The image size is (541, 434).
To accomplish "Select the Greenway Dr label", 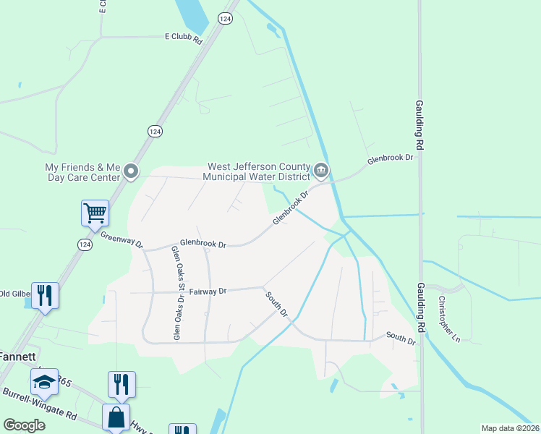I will pos(122,239).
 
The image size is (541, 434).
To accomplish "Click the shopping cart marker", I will pos(95,213).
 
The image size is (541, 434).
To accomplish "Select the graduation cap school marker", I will pos(44,382).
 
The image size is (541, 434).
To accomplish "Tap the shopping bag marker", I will pos(116,417).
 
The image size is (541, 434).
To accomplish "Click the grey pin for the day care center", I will pos(131,171).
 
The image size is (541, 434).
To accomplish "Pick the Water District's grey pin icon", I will pos(321,171).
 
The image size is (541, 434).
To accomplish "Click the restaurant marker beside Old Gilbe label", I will pos(45,295).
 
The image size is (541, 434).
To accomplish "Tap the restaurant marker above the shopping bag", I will pos(122,384).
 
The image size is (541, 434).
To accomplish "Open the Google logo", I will pos(25,426).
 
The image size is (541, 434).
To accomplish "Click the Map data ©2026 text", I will pos(510,428).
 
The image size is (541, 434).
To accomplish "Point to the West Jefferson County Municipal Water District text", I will pos(258,171).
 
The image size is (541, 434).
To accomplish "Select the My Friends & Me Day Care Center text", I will pos(81,171).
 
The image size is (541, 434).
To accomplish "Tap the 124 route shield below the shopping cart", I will pos(85,245).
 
